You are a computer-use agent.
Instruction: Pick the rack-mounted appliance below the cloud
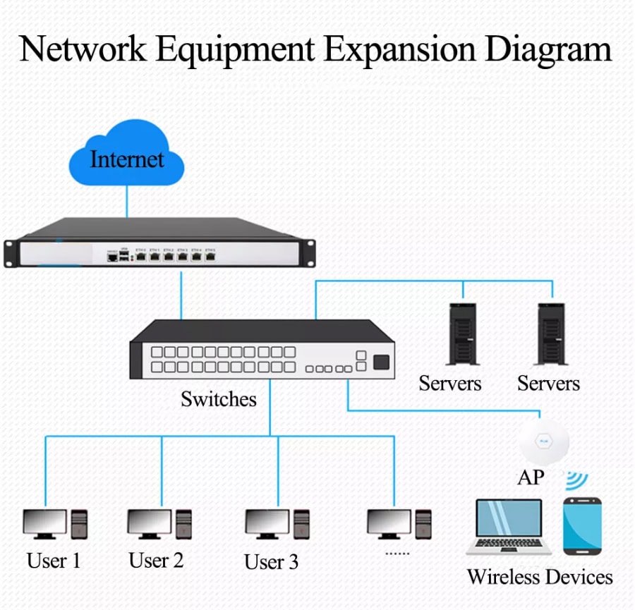[x=159, y=243]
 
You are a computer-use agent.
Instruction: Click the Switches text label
[x=218, y=399]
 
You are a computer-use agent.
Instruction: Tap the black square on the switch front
[x=380, y=362]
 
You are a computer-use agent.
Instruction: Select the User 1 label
[x=54, y=561]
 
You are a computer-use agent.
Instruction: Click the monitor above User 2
[x=149, y=523]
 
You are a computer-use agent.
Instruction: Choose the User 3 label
[x=271, y=562]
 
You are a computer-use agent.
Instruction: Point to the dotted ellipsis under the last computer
[x=397, y=553]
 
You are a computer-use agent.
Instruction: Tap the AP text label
[x=531, y=477]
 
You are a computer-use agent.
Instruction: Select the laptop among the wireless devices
[x=509, y=526]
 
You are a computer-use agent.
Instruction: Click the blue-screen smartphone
[x=582, y=525]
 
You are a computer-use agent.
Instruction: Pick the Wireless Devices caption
[x=540, y=577]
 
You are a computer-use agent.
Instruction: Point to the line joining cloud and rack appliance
[x=127, y=201]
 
